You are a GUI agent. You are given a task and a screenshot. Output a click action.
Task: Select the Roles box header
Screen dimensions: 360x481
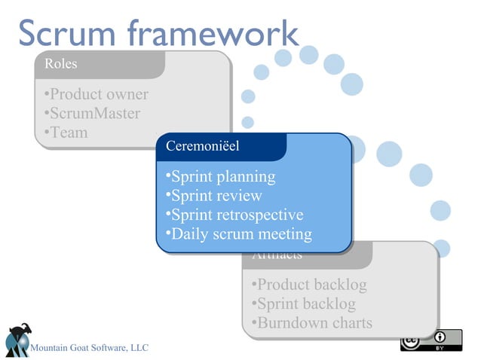coord(61,64)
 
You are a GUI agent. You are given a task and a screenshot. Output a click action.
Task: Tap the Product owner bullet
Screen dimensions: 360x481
coord(96,95)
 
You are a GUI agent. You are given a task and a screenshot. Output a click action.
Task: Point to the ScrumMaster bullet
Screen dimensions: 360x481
coord(92,114)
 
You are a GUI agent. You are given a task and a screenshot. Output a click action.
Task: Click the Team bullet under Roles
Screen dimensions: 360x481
coord(66,133)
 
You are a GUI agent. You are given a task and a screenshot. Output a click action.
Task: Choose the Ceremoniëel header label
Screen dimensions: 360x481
coord(202,146)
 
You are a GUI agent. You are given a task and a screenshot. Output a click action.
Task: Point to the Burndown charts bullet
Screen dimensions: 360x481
coord(312,323)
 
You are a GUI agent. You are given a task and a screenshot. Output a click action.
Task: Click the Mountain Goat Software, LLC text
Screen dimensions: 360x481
coord(89,347)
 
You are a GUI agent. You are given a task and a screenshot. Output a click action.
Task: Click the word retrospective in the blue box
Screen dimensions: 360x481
coord(259,215)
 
